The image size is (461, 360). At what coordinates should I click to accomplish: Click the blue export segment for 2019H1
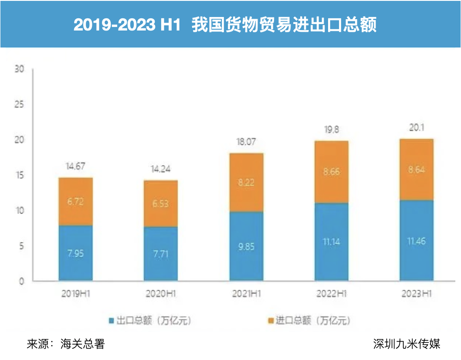76,253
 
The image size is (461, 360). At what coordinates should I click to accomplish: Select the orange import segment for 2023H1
416,170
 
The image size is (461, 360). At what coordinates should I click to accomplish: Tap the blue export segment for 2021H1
246,246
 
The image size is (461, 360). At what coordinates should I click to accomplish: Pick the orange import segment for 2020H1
161,204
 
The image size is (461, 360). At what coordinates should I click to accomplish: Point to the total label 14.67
76,166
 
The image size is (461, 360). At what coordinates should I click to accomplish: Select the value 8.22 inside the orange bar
246,183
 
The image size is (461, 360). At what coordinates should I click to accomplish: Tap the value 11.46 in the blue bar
416,240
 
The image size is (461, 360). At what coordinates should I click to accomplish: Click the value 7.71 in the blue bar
161,253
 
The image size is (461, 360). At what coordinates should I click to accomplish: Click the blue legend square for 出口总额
112,321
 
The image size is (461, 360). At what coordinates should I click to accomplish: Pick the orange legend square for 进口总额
271,321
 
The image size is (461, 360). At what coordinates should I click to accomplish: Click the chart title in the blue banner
225,25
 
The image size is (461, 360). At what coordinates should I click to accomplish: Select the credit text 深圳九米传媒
407,344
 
